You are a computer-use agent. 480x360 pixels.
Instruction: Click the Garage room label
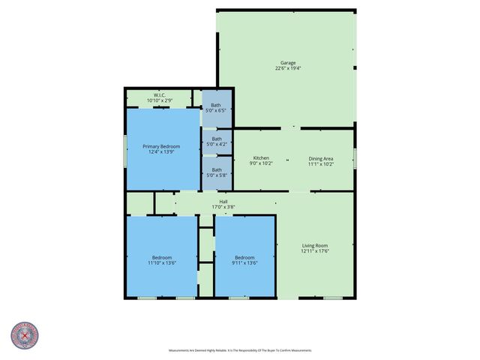pos(288,62)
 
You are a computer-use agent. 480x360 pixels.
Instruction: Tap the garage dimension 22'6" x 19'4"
pos(288,68)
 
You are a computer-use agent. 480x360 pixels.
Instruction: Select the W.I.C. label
pos(159,94)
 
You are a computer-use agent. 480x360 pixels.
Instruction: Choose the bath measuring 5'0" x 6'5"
pos(217,108)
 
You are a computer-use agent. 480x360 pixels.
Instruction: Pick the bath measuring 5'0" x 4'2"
pos(217,141)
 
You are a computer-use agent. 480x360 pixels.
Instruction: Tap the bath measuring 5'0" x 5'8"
pos(217,172)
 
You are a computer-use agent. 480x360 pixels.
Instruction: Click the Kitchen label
pos(261,157)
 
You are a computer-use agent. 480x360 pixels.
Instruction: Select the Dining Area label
pos(320,157)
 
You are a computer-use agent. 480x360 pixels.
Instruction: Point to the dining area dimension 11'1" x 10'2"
pos(320,163)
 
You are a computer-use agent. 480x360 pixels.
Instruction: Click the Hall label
pos(223,201)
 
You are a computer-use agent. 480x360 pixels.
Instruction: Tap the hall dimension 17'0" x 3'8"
pos(223,206)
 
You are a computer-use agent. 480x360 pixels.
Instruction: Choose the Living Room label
pos(315,245)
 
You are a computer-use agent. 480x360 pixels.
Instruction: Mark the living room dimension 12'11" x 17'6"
pos(315,251)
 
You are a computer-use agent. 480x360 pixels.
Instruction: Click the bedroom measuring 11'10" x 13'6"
pos(162,260)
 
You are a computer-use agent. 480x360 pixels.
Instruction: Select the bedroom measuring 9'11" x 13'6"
pos(244,260)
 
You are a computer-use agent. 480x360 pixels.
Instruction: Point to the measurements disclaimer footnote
pos(240,350)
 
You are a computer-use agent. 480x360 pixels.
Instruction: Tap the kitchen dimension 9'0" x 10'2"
pos(261,163)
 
